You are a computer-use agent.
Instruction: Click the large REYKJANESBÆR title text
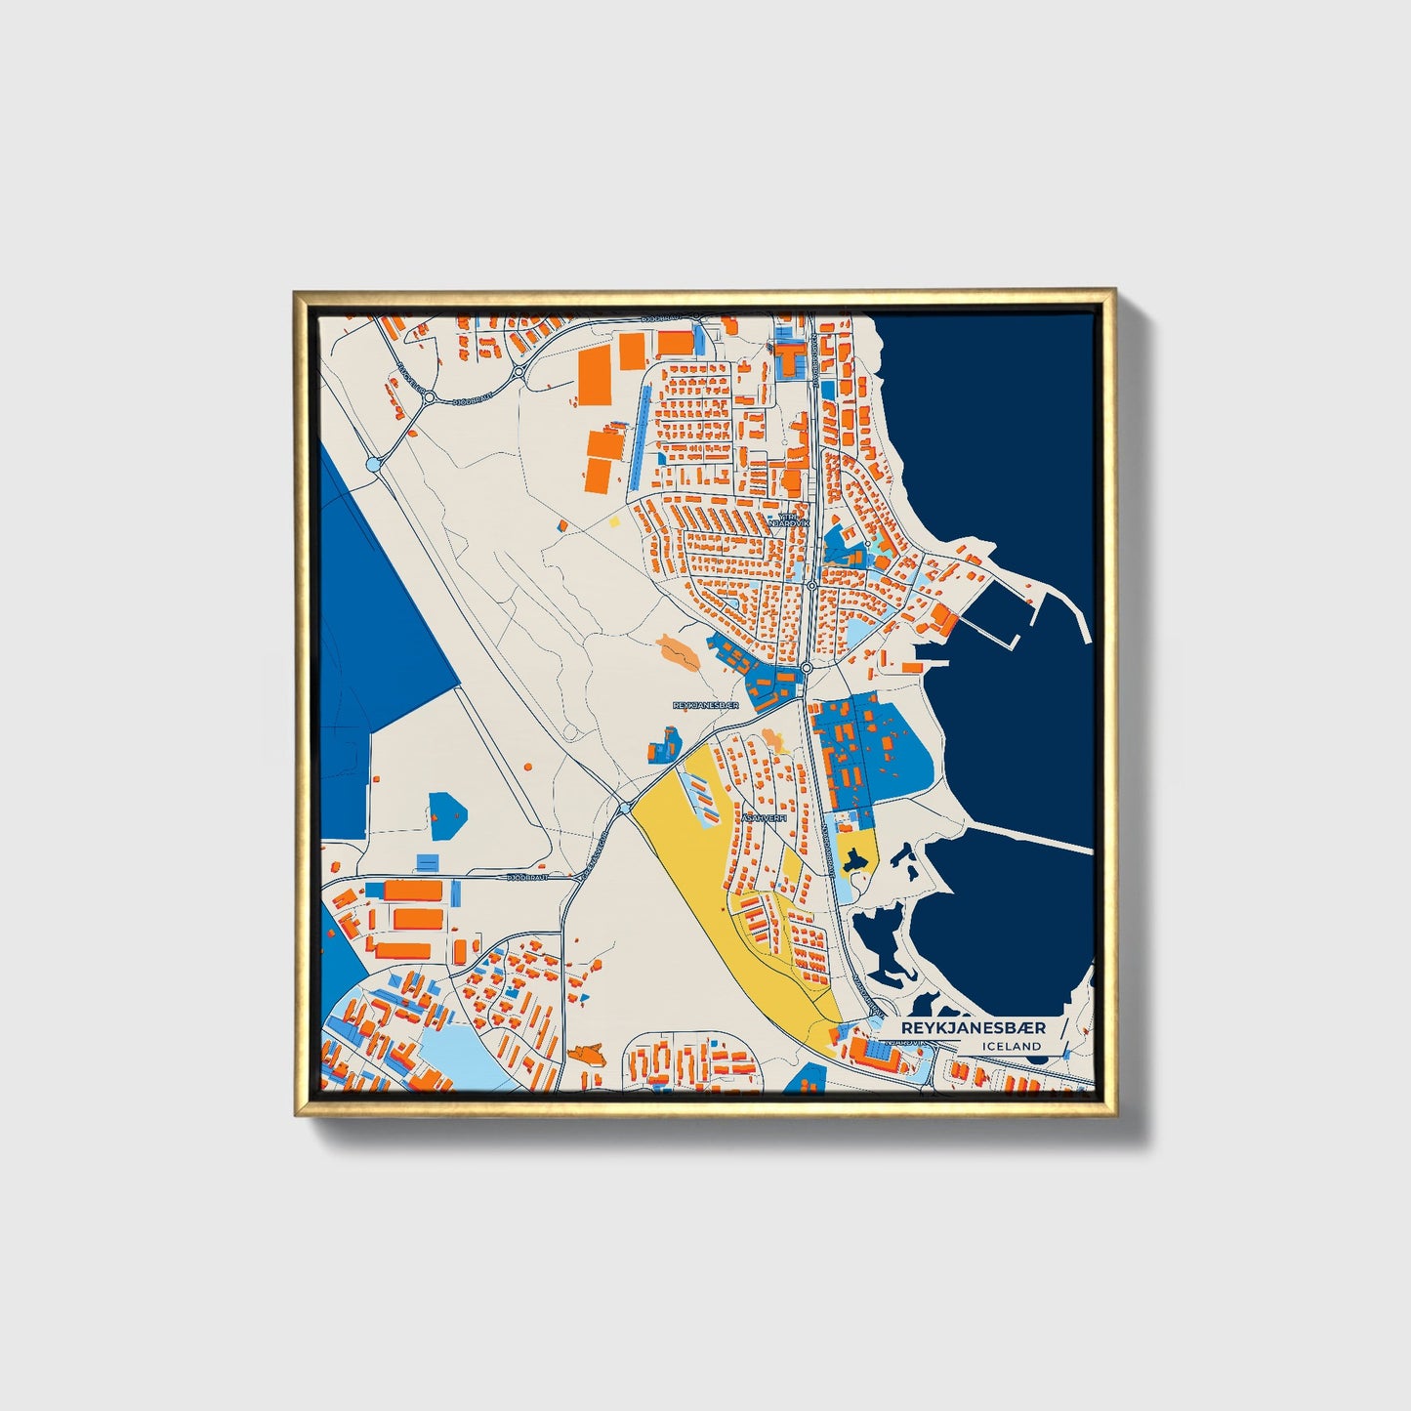pyautogui.click(x=973, y=1027)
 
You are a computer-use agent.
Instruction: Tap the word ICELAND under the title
pyautogui.click(x=1013, y=1046)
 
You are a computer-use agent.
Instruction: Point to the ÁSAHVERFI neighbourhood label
pyautogui.click(x=763, y=818)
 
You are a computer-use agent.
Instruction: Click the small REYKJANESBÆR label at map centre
pyautogui.click(x=705, y=704)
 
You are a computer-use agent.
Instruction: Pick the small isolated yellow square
pyautogui.click(x=614, y=521)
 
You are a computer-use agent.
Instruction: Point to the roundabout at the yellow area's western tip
pyautogui.click(x=624, y=808)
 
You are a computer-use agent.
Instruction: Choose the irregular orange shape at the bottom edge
pyautogui.click(x=586, y=1054)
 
